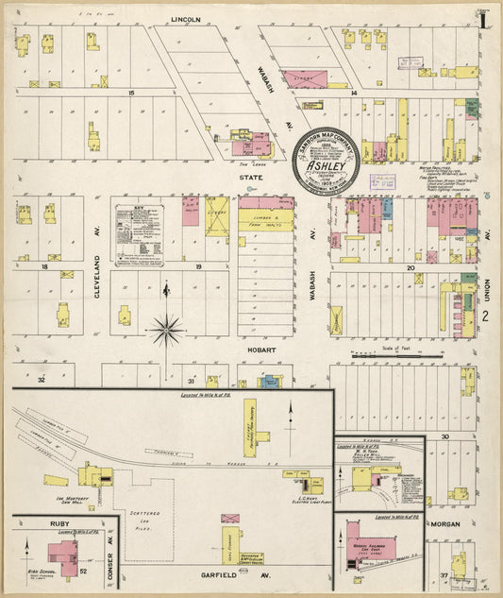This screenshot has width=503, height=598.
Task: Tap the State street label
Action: (x=251, y=176)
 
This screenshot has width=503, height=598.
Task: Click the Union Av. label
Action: (x=488, y=248)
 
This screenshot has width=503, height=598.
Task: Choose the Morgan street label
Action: (x=452, y=522)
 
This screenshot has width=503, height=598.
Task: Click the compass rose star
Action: (x=166, y=330)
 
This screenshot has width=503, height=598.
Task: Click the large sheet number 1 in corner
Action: (x=482, y=19)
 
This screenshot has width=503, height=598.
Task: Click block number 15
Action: (x=132, y=93)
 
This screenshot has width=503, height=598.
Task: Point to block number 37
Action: (x=444, y=574)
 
